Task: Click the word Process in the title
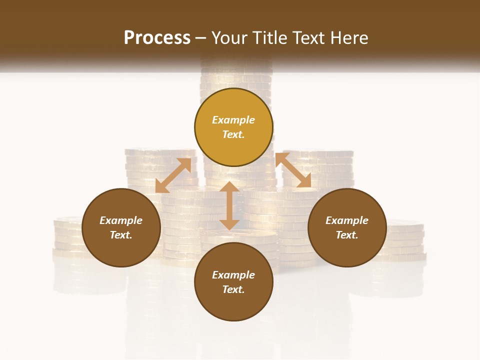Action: coord(157,38)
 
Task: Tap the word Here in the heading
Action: coord(348,38)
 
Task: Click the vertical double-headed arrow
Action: coord(229,205)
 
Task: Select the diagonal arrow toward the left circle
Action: coord(173,175)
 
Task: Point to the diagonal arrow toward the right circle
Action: coord(293,170)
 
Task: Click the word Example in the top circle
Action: coord(233,120)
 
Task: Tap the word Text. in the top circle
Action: coord(233,134)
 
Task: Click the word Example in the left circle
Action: coord(121,220)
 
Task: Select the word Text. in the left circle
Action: coord(121,235)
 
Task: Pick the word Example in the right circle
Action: coord(347,220)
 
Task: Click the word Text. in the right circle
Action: coord(347,235)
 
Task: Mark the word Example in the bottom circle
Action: coord(233,275)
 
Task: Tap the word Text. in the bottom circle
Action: coord(233,289)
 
